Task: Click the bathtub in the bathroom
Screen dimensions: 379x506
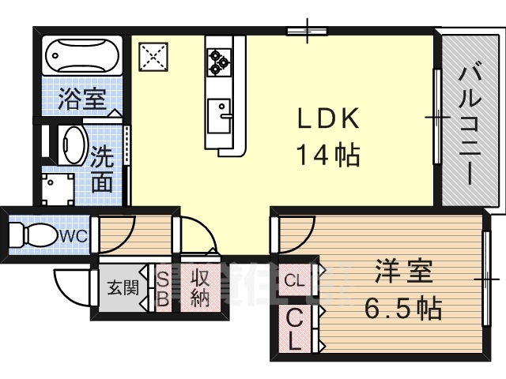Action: click(x=81, y=55)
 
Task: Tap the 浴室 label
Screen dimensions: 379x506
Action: click(x=81, y=99)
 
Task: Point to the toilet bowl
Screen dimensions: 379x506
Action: click(x=35, y=235)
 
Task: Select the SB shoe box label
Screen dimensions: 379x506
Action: click(x=161, y=288)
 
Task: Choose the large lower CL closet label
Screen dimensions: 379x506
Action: click(x=293, y=331)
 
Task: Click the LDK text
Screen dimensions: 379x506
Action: click(x=327, y=119)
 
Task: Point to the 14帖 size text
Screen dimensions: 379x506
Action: click(x=327, y=154)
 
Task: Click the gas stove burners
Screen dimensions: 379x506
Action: click(x=219, y=58)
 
